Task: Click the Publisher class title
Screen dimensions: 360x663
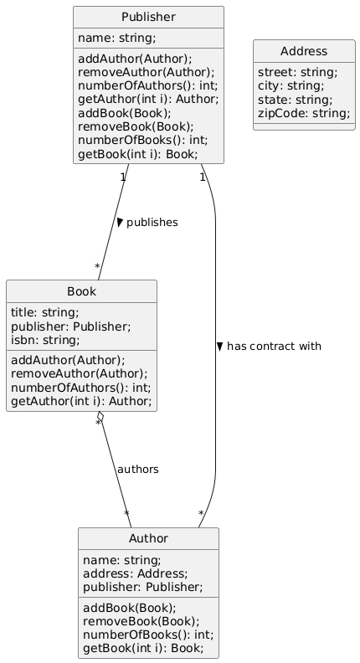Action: tap(148, 17)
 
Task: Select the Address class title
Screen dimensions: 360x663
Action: tap(304, 51)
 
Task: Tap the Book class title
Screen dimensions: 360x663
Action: tap(82, 291)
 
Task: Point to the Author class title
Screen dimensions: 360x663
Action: tap(148, 538)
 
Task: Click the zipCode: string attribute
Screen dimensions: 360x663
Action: tap(304, 113)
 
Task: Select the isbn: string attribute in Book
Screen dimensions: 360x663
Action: tap(45, 340)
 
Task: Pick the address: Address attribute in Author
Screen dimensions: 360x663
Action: tap(136, 573)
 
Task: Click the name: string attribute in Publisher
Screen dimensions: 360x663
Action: tap(116, 38)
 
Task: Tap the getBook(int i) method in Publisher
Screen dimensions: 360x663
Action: tap(138, 154)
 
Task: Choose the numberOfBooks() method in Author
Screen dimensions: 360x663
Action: tap(148, 635)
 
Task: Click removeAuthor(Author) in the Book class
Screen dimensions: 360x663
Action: tap(79, 374)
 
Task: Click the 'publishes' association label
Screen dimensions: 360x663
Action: tap(152, 223)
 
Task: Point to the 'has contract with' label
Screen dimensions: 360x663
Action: tap(274, 347)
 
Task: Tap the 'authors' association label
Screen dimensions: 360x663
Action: tap(138, 470)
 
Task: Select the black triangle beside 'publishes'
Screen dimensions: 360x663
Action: tap(120, 222)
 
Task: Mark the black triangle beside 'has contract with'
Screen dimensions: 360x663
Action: tap(219, 347)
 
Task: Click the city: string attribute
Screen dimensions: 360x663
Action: tap(291, 86)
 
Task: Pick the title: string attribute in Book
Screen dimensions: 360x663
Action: tap(45, 312)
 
